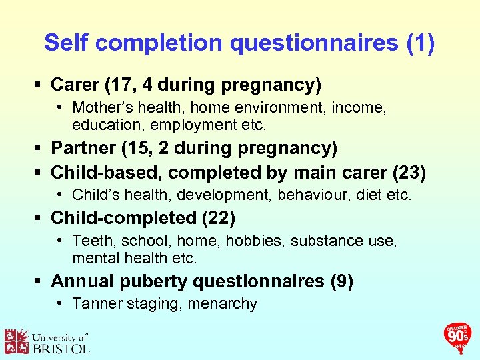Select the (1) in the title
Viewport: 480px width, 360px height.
point(420,43)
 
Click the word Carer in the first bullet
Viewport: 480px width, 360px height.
point(75,85)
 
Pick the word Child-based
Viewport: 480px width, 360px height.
point(107,173)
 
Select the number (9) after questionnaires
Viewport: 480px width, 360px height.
point(341,281)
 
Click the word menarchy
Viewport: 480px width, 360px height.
point(225,304)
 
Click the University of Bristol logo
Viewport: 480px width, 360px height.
point(46,341)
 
